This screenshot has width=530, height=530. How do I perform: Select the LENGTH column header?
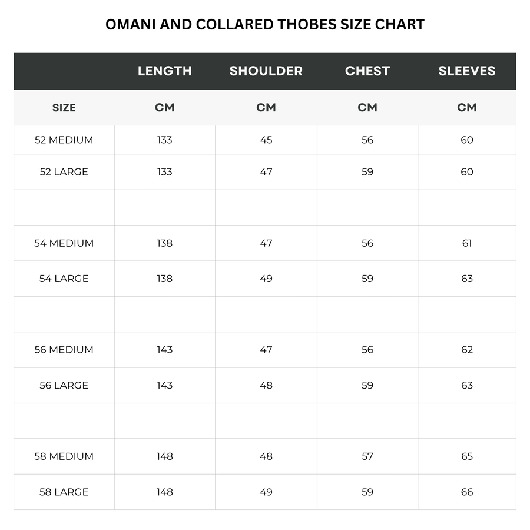point(165,71)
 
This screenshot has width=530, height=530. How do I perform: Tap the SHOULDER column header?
point(266,71)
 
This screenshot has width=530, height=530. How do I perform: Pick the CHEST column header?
point(367,71)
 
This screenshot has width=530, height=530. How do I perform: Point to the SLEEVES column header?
point(467,71)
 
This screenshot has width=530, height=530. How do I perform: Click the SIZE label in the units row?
point(64,108)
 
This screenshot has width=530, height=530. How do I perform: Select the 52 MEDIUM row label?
point(64,140)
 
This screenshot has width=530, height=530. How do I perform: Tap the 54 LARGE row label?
point(64,279)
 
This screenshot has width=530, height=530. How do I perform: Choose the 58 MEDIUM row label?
point(64,456)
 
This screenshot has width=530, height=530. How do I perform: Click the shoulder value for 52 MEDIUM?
point(266,140)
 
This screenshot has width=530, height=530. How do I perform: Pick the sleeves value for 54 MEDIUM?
point(467,243)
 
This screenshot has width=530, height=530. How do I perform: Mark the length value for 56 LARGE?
point(165,385)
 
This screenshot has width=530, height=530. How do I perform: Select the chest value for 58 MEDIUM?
point(367,456)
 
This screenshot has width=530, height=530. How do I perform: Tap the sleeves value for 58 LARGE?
point(467,492)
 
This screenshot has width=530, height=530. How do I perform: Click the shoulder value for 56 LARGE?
point(266,385)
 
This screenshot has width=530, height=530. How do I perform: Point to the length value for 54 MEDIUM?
point(165,243)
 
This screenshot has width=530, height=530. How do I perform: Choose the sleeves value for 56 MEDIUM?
point(467,350)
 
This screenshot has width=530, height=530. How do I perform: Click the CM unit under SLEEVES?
point(467,108)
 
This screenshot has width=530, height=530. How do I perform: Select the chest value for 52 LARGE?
point(367,172)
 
